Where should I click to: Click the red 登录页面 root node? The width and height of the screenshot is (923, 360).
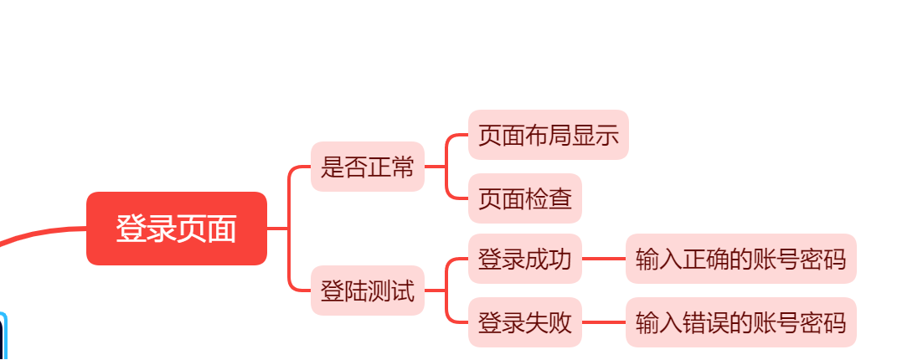(176, 229)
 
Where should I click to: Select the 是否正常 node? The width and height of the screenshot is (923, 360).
(367, 167)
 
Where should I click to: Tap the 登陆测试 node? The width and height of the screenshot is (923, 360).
(367, 292)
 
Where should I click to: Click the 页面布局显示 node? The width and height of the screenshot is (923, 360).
(548, 135)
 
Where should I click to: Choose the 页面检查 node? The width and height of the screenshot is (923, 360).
(524, 198)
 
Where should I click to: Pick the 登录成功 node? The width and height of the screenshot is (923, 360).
(524, 259)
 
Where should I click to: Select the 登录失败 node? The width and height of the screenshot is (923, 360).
(524, 322)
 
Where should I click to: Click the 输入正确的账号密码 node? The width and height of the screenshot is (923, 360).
(740, 259)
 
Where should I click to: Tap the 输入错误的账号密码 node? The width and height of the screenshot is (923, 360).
(740, 322)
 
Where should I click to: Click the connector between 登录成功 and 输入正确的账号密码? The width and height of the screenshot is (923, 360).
(603, 259)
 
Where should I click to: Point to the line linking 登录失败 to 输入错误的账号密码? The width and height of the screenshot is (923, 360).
(603, 322)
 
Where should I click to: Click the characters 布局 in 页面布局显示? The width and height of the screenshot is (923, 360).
(548, 135)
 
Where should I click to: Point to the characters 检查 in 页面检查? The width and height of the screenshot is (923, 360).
(548, 198)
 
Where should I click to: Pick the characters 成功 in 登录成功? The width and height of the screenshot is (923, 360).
(548, 259)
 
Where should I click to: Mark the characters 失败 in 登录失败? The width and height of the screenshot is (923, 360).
(548, 322)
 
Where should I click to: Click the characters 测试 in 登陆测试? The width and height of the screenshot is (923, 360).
(390, 292)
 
